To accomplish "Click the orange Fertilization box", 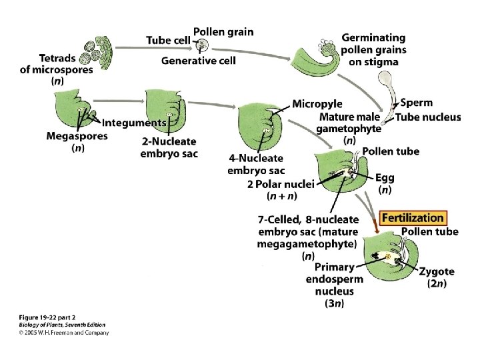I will tap(413, 218).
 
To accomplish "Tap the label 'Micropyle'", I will tap(317, 104).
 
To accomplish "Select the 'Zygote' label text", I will tap(437, 271).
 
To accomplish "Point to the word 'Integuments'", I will tap(134, 123).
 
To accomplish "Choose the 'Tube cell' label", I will tap(167, 39).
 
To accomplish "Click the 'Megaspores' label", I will tap(77, 136).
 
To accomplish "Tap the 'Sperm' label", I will tap(417, 103).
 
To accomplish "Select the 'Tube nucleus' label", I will tap(428, 117).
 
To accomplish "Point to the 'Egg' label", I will tap(385, 177).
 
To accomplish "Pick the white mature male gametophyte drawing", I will tap(385, 87).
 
